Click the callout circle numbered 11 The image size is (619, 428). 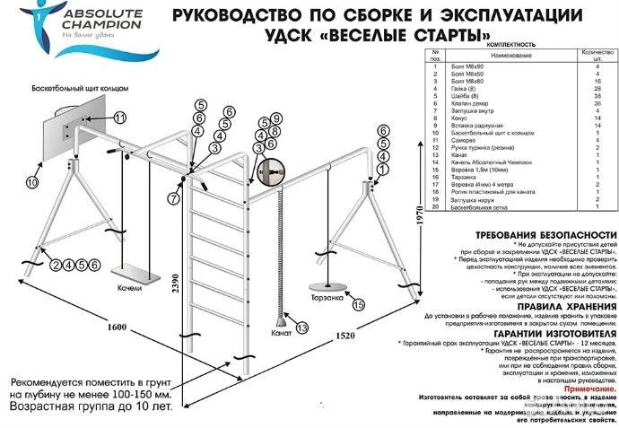coord(120,118)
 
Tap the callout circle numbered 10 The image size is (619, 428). coord(32,182)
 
